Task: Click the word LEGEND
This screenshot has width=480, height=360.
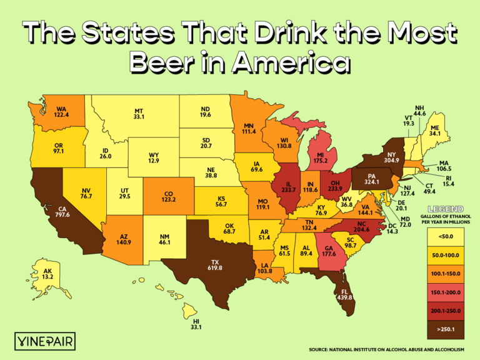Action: tap(444, 208)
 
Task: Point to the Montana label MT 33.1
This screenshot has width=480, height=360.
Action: tap(139, 113)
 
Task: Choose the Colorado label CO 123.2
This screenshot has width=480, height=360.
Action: tap(168, 196)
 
